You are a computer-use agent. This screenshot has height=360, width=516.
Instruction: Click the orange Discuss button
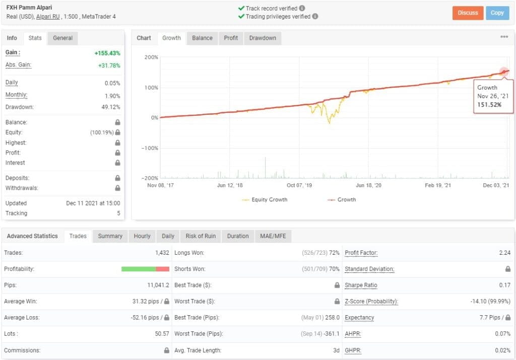[468, 13]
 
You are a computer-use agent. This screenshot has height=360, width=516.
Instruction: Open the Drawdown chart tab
[263, 38]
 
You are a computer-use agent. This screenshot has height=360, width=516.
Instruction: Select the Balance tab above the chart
[202, 38]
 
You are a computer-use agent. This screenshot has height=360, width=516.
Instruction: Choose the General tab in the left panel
[63, 38]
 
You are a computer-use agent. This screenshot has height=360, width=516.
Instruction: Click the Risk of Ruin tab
[201, 236]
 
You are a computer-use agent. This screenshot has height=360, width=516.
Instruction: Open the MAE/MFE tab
[273, 236]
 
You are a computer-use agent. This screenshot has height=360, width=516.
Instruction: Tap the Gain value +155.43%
[107, 53]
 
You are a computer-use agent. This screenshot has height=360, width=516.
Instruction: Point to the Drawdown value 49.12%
[111, 107]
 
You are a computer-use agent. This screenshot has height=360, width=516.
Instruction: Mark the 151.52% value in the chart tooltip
[488, 105]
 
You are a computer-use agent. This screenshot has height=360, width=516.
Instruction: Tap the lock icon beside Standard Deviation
[508, 269]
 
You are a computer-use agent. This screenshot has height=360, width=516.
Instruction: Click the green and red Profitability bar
[145, 269]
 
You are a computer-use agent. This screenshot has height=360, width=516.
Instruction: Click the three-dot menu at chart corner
[504, 37]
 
